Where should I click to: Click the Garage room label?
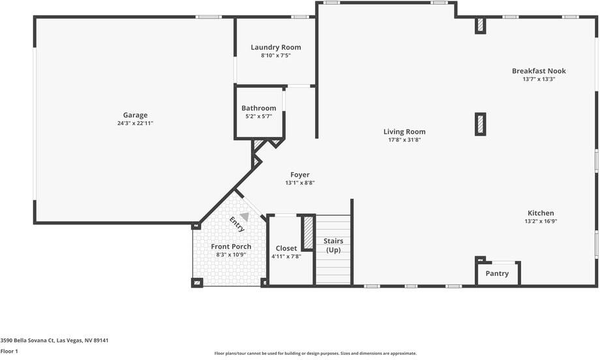[135, 115]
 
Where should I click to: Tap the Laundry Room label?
[276, 48]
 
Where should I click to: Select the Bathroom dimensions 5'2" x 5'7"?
[258, 116]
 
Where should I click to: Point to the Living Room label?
[404, 132]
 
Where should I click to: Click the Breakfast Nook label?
[539, 71]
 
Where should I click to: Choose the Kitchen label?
[541, 213]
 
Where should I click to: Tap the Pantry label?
[497, 274]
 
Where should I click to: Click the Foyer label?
[300, 175]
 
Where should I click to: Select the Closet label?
[286, 248]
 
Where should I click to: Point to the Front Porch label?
[231, 247]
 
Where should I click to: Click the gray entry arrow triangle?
[244, 217]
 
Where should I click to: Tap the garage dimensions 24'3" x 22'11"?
[135, 123]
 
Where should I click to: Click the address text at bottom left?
[54, 340]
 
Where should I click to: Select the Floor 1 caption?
[9, 352]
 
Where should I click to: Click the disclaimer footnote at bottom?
[316, 353]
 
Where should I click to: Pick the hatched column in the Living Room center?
[480, 124]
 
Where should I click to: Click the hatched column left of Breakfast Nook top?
[480, 25]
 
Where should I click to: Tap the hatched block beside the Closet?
[308, 232]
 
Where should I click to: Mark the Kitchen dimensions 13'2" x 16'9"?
[541, 221]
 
